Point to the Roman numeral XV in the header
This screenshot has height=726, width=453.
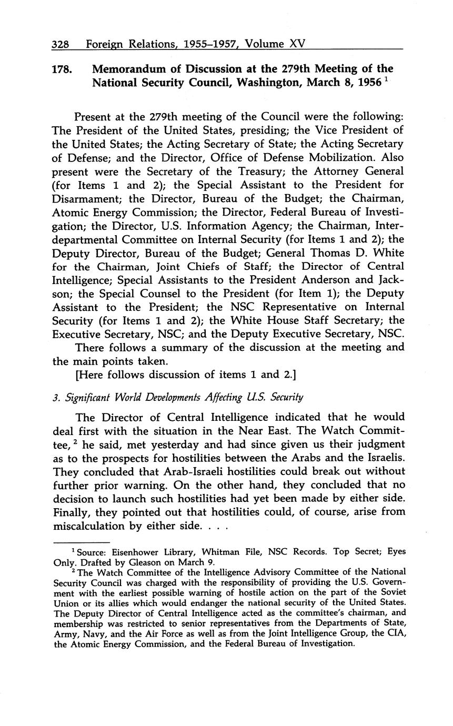[x=297, y=44]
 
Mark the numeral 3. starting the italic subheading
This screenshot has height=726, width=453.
[x=56, y=398]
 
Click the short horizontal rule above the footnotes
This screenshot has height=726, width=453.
[x=82, y=542]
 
